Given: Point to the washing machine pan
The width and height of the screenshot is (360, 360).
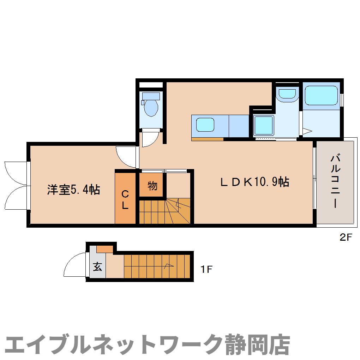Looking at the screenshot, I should click(x=263, y=125).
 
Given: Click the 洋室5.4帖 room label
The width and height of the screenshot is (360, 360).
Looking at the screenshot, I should click(x=73, y=190).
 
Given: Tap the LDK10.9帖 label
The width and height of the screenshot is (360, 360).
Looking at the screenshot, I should click(x=254, y=182).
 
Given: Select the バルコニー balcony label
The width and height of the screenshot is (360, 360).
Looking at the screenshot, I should click(x=335, y=181).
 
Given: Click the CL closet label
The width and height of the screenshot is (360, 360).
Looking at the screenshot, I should click(x=125, y=200).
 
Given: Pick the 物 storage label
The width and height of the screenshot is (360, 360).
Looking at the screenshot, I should click(x=152, y=186).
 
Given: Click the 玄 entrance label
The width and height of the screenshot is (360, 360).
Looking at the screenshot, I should click(x=97, y=267).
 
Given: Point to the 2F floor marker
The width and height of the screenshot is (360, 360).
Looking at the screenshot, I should click(x=346, y=237).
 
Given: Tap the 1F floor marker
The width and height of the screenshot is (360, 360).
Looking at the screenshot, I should click(x=206, y=270).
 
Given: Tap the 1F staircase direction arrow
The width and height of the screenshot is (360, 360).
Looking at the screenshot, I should click(x=169, y=266).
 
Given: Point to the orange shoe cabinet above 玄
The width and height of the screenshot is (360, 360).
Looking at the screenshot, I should click(x=104, y=249).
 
